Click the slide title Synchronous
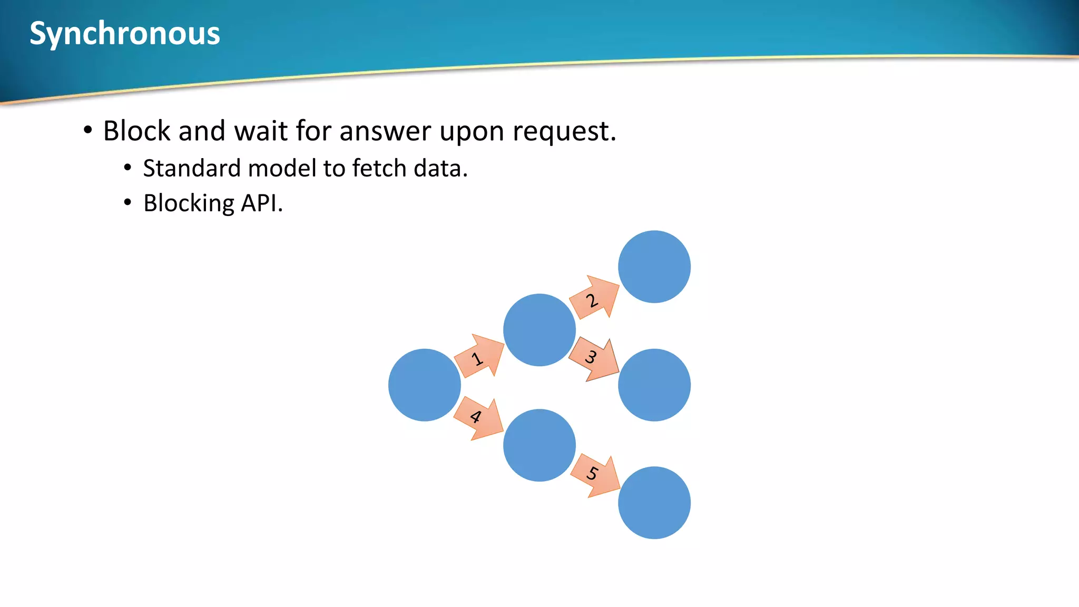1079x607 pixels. pyautogui.click(x=125, y=34)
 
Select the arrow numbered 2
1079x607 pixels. pyautogui.click(x=594, y=299)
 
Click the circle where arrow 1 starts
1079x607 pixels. pyautogui.click(x=424, y=385)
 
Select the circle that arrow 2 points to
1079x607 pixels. pyautogui.click(x=654, y=267)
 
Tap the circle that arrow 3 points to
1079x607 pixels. pyautogui.click(x=654, y=385)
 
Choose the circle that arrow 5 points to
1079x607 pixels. pyautogui.click(x=654, y=503)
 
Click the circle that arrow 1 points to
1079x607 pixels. pyautogui.click(x=539, y=330)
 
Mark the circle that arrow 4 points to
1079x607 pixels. pyautogui.click(x=539, y=445)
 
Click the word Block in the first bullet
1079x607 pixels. pyautogui.click(x=137, y=131)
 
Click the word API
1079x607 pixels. pyautogui.click(x=261, y=203)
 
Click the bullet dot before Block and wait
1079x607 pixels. pyautogui.click(x=88, y=130)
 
